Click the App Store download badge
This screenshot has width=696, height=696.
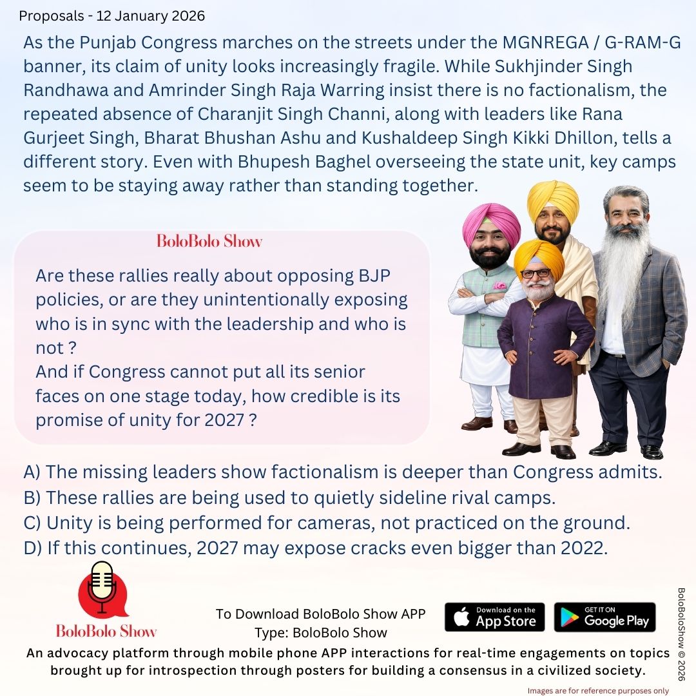pos(494,617)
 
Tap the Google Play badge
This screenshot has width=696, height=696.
pos(604,617)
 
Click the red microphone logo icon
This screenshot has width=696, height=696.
pos(102,590)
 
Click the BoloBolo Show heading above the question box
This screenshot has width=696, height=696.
pos(209,242)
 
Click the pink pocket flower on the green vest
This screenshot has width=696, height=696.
pos(499,285)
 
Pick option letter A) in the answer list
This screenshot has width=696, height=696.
pos(32,472)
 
